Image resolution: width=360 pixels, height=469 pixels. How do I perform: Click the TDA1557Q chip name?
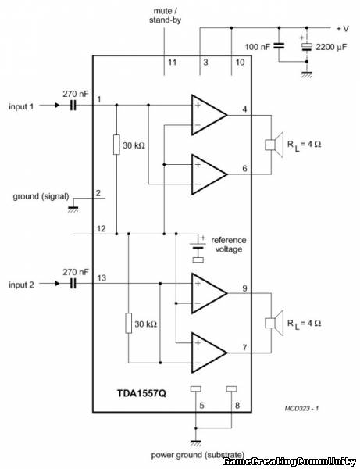pyautogui.click(x=141, y=392)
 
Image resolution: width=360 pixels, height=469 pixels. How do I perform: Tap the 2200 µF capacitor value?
pyautogui.click(x=331, y=47)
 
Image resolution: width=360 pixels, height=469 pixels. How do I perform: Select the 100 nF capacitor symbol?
pyautogui.click(x=280, y=46)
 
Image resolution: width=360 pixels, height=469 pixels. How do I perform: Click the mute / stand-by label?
pyautogui.click(x=165, y=16)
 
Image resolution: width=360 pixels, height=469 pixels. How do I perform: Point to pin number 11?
pyautogui.click(x=172, y=63)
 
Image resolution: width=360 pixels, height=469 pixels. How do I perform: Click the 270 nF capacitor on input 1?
pyautogui.click(x=73, y=105)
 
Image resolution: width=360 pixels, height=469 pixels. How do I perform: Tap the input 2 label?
pyautogui.click(x=22, y=285)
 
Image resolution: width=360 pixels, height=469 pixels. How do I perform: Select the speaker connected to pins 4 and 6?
pyautogui.click(x=274, y=145)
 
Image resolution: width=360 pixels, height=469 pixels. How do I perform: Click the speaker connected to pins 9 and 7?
pyautogui.click(x=274, y=323)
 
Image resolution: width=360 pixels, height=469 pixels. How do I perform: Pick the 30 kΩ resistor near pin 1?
pyautogui.click(x=116, y=145)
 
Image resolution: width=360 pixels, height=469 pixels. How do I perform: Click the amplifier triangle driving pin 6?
pyautogui.click(x=209, y=174)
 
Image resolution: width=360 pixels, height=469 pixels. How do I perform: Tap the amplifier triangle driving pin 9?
pyautogui.click(x=209, y=293)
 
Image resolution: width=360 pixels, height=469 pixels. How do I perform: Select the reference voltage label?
pyautogui.click(x=229, y=245)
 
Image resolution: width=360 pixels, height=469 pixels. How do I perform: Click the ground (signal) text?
pyautogui.click(x=41, y=196)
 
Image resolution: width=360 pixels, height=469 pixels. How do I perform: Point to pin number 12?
pyautogui.click(x=102, y=228)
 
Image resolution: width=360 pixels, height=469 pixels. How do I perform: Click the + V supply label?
pyautogui.click(x=343, y=29)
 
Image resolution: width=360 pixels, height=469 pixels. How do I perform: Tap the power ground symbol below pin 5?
pyautogui.click(x=196, y=443)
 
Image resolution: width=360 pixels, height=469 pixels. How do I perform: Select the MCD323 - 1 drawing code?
pyautogui.click(x=301, y=408)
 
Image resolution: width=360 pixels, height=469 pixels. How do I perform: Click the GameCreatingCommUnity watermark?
pyautogui.click(x=290, y=461)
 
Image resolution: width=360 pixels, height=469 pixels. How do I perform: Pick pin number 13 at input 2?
pyautogui.click(x=102, y=277)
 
